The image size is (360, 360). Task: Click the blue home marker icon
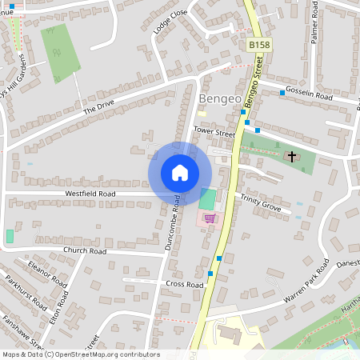click(179, 173)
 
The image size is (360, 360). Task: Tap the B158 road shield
click(258, 46)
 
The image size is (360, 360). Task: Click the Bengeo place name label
click(217, 99)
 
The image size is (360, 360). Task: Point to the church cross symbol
click(292, 156)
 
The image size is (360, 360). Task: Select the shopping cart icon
click(210, 218)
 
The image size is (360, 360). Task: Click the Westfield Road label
click(90, 194)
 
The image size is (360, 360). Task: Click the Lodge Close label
click(169, 22)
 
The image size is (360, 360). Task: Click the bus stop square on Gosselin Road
click(282, 94)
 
